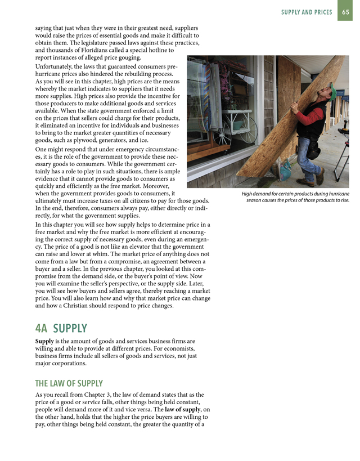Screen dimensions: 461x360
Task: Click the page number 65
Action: point(346,12)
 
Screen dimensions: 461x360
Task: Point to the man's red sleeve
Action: point(319,117)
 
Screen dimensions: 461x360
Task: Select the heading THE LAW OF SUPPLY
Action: point(69,383)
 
